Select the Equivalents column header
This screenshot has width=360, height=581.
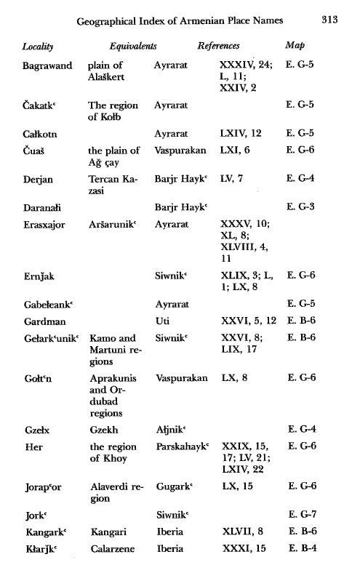(134, 46)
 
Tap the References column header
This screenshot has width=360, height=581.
(220, 46)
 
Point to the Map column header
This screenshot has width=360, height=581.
(296, 46)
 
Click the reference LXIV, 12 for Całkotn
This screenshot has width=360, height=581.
(244, 133)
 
